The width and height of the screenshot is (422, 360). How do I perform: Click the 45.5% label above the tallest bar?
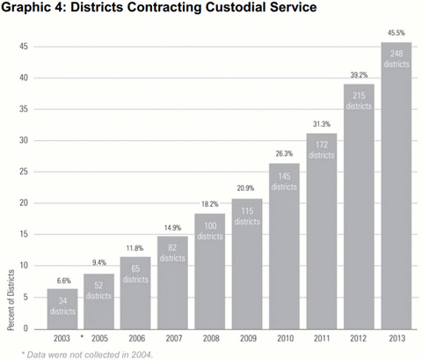(396, 32)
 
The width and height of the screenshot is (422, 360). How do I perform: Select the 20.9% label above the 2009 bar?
(246, 188)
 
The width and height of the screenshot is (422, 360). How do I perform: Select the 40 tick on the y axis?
(27, 77)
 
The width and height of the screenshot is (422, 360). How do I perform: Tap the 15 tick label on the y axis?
(27, 234)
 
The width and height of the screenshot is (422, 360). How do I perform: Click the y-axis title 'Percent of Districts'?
(10, 302)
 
